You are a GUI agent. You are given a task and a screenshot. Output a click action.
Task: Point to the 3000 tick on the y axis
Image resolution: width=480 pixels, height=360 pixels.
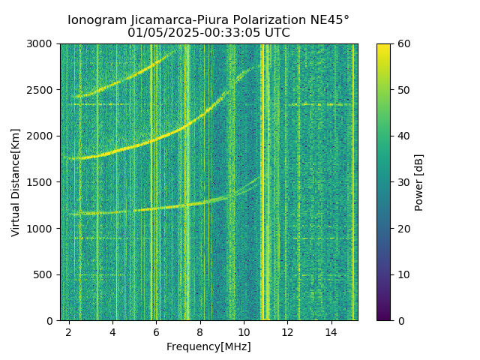pyautogui.click(x=42, y=44)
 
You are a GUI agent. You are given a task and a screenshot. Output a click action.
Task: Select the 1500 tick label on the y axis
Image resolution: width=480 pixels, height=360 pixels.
pyautogui.click(x=42, y=182)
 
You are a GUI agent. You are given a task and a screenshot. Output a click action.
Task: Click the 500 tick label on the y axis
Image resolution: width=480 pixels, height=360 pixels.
pyautogui.click(x=45, y=274)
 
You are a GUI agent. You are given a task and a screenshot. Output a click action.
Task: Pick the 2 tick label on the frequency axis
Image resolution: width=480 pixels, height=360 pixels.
pyautogui.click(x=69, y=331)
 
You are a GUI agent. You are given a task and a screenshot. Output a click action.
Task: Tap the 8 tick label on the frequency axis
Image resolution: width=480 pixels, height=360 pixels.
pyautogui.click(x=200, y=331)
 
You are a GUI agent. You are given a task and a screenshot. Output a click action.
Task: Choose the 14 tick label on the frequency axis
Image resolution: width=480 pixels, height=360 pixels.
pyautogui.click(x=331, y=331)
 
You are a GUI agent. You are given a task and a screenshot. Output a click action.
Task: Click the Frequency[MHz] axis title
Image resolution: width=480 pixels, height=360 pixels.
pyautogui.click(x=208, y=346)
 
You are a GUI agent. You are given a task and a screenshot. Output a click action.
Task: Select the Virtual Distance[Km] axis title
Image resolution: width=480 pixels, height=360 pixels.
pyautogui.click(x=16, y=182)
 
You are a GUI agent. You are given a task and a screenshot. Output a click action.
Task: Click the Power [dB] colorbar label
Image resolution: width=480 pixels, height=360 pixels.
pyautogui.click(x=419, y=182)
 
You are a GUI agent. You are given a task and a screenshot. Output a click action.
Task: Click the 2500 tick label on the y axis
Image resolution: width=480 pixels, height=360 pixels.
pyautogui.click(x=42, y=90)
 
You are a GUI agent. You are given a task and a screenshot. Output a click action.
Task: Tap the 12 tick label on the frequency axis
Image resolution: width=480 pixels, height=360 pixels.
pyautogui.click(x=287, y=331)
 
